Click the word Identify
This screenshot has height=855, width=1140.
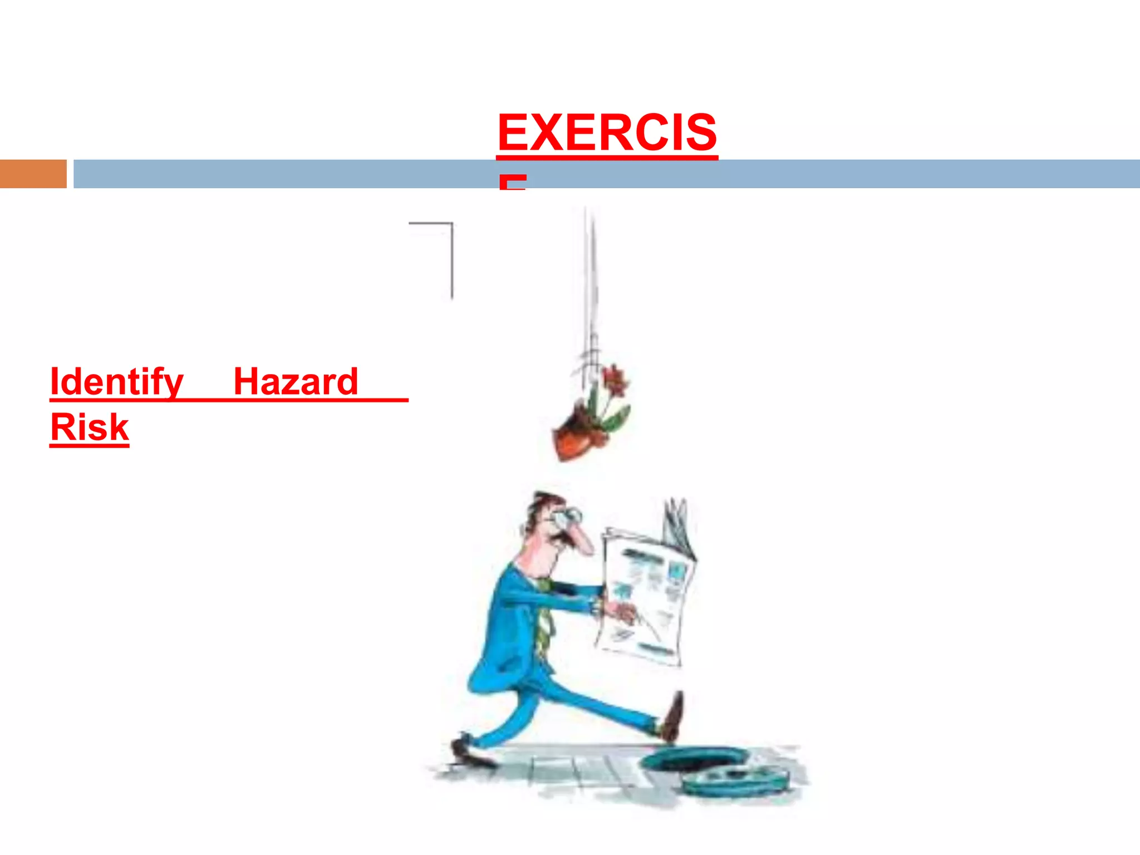116,382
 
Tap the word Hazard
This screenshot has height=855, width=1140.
295,382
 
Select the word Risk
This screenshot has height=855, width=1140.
90,427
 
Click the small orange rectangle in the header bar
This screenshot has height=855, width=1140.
33,174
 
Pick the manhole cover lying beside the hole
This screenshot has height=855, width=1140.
735,779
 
